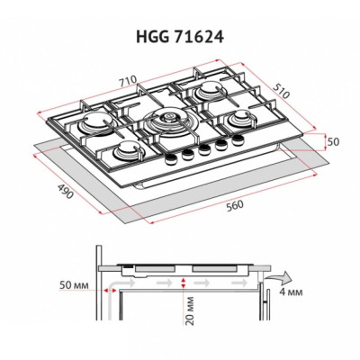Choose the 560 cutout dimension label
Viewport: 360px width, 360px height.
point(236,204)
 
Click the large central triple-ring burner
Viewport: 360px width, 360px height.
point(168,125)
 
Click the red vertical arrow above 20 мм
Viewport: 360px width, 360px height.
point(183,283)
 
